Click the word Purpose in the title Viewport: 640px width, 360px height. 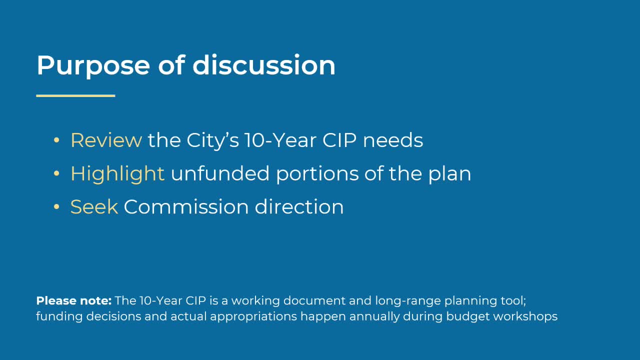tap(93, 65)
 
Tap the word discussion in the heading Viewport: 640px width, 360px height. tap(263, 65)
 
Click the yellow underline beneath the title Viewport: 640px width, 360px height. tap(75, 95)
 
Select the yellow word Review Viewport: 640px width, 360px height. tap(106, 140)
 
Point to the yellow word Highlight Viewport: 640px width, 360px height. tap(117, 173)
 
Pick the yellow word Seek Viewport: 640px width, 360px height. tap(94, 207)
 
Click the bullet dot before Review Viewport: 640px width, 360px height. tap(56, 141)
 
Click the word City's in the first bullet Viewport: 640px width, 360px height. tap(212, 140)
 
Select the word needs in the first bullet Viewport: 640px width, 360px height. tap(393, 140)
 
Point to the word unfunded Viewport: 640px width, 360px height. tap(220, 173)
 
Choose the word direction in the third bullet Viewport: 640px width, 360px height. tap(299, 207)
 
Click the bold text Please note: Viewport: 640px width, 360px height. tap(73, 301)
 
